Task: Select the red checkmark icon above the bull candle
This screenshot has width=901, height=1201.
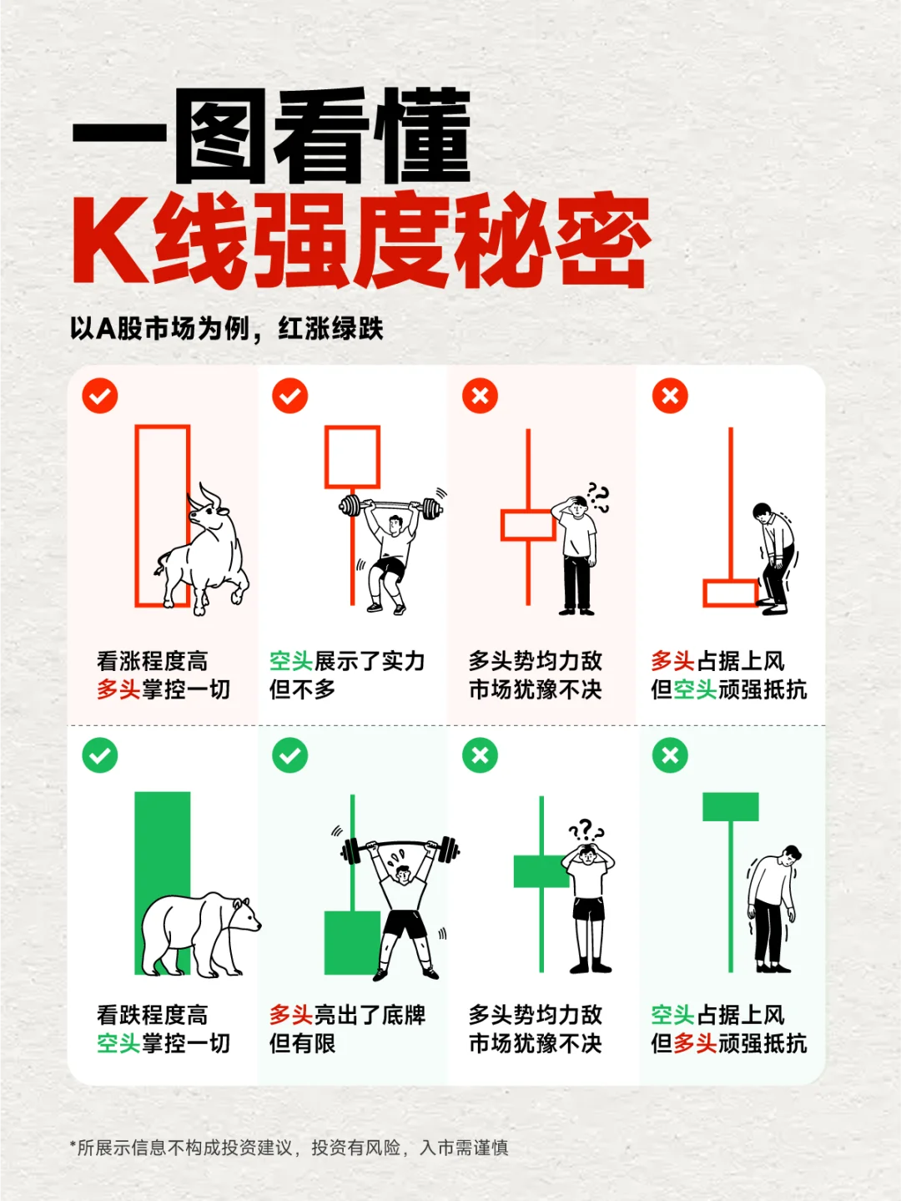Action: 100,396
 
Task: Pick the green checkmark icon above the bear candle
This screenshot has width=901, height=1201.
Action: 100,755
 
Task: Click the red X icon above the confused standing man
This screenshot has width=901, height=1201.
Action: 481,396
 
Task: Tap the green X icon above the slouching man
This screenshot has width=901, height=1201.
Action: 670,755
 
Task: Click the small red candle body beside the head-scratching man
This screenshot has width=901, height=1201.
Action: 527,526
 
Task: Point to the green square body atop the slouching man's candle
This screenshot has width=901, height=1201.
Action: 731,807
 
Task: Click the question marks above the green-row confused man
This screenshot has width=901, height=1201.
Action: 586,830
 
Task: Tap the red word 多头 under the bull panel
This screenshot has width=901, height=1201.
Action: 118,689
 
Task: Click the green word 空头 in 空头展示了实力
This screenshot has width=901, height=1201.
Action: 291,661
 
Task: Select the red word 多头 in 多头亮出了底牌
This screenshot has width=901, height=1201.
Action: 291,1015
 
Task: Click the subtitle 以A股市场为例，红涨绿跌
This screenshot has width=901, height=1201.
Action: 227,328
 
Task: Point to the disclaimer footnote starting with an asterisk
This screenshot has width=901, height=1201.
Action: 289,1148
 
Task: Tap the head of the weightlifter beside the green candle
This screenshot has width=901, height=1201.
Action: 403,874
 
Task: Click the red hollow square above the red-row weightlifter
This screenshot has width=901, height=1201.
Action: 353,457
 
